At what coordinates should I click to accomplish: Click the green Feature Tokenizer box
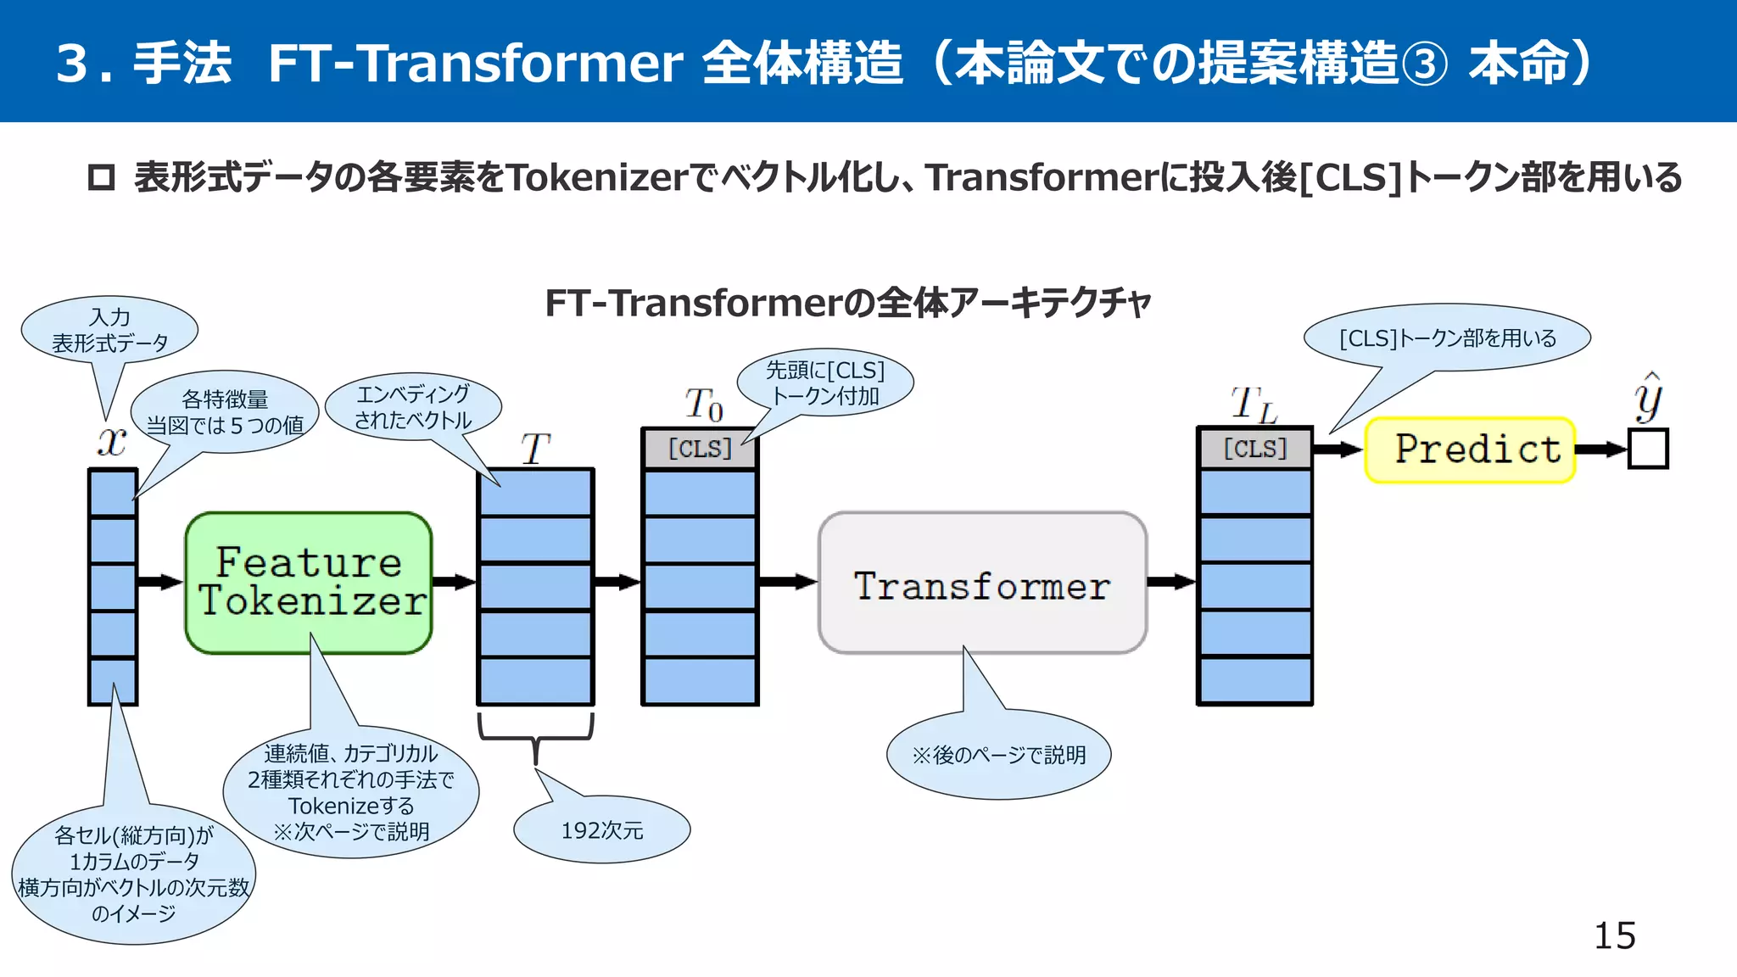pos(309,583)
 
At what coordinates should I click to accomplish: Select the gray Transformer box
pos(982,583)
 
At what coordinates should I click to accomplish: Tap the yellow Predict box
pos(1470,449)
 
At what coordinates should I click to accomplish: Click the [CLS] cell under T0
pos(700,449)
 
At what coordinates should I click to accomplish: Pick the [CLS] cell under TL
pos(1254,449)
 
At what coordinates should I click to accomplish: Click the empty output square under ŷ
pos(1648,449)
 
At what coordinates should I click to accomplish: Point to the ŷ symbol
pos(1648,398)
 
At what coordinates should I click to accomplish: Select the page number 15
pos(1614,935)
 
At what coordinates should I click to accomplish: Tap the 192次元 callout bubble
pos(601,830)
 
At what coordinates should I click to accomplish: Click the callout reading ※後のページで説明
pos(998,755)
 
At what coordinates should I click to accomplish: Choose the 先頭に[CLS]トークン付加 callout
pos(825,382)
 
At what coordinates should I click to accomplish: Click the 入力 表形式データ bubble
pos(109,330)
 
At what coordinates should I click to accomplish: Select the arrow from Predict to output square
pos(1600,449)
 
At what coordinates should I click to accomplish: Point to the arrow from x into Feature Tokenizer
pos(159,582)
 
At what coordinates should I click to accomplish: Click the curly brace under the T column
pos(535,734)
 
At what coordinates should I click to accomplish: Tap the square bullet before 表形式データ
pos(101,177)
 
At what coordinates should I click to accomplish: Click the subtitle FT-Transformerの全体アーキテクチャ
pos(847,303)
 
